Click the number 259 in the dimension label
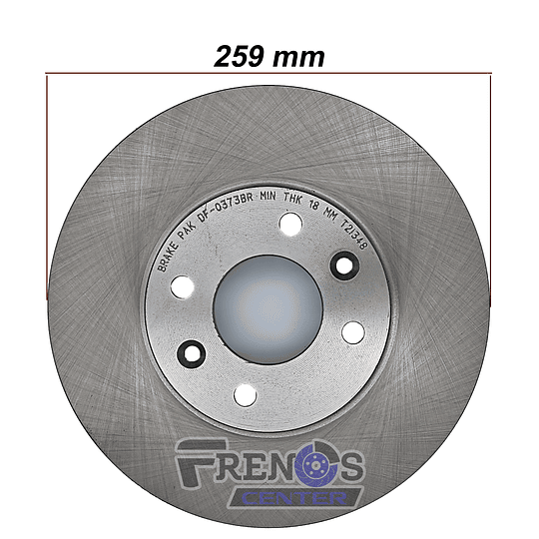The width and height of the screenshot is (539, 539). (x=240, y=56)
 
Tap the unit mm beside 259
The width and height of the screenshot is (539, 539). (x=298, y=59)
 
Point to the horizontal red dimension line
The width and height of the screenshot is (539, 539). (x=269, y=73)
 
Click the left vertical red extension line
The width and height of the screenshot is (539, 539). (x=47, y=188)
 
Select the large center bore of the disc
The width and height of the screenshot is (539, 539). (x=269, y=308)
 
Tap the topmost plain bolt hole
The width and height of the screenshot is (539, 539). (x=290, y=224)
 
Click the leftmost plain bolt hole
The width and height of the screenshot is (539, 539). (x=183, y=286)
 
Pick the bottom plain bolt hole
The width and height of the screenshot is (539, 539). (x=246, y=395)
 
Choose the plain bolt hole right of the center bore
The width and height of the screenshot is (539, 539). (x=353, y=332)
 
